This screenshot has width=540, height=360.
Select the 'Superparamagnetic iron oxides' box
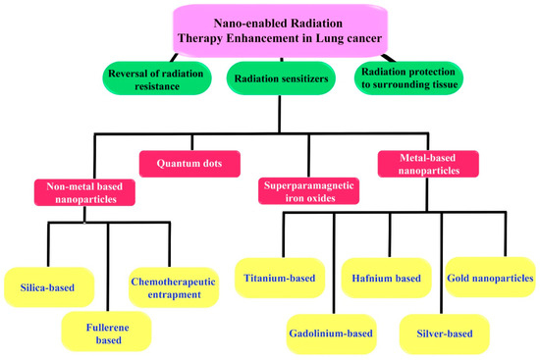pyautogui.click(x=309, y=190)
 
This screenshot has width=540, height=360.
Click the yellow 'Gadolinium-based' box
pyautogui.click(x=331, y=334)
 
